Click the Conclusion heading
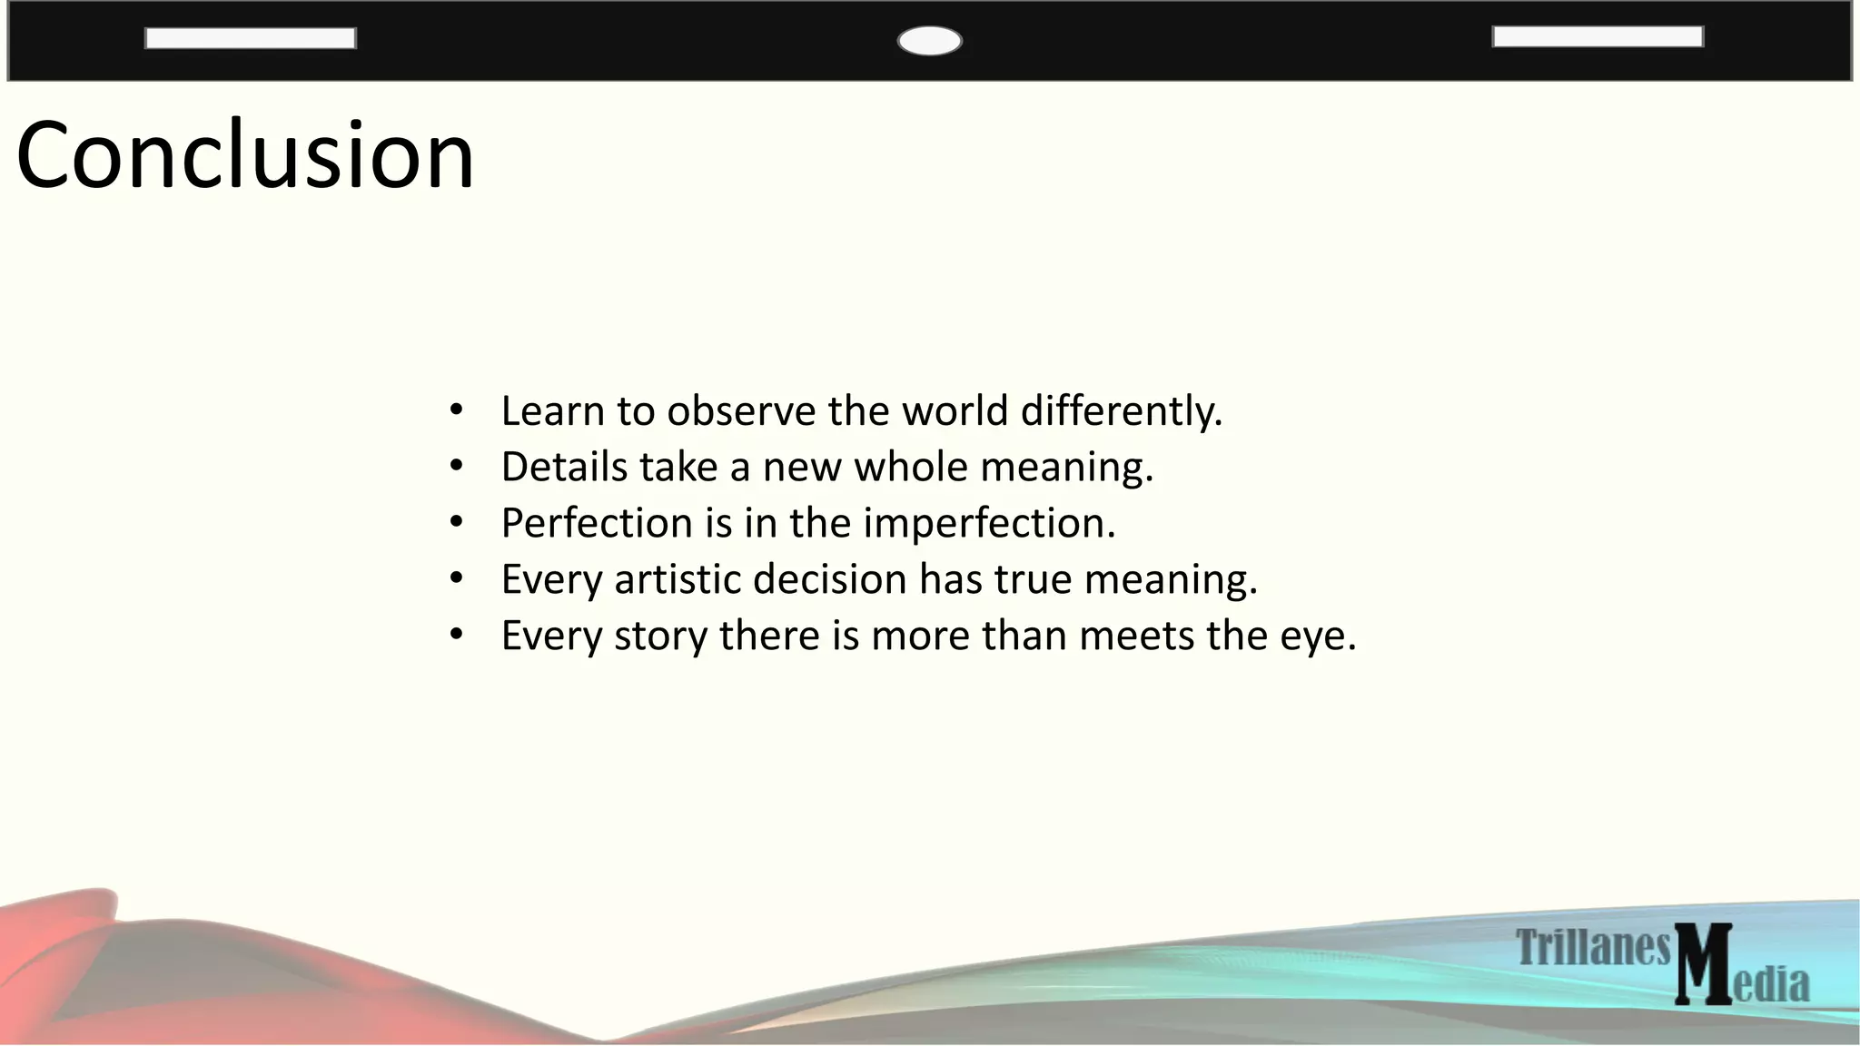click(x=245, y=156)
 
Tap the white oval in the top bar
click(x=929, y=41)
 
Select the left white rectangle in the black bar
click(x=250, y=38)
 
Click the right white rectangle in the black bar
click(x=1598, y=36)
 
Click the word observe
click(x=741, y=411)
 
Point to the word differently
click(x=1122, y=411)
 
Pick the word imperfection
click(x=988, y=524)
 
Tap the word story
click(x=660, y=636)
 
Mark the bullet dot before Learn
click(x=457, y=410)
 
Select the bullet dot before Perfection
click(x=457, y=522)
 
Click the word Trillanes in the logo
click(x=1593, y=948)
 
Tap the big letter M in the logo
click(x=1703, y=964)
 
